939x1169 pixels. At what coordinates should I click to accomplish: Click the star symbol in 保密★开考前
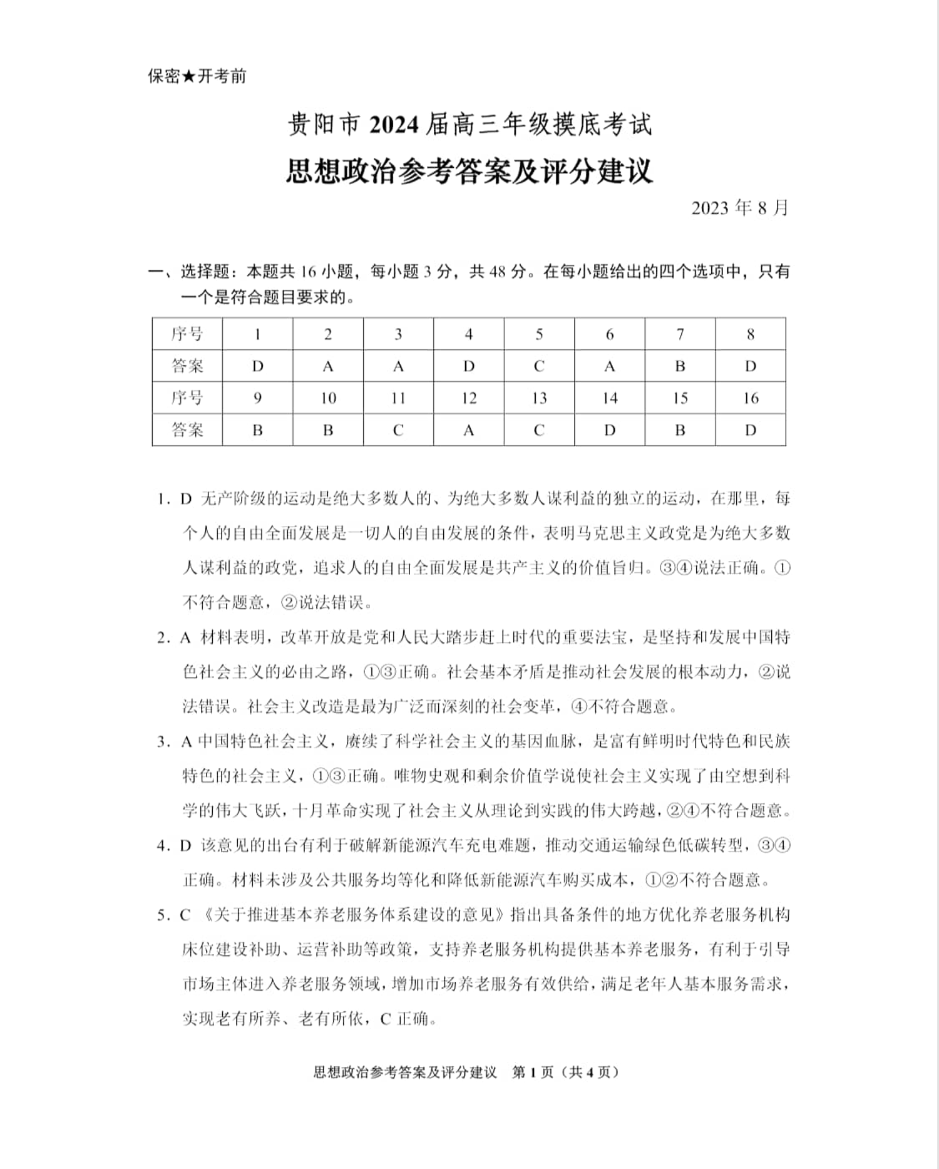pyautogui.click(x=189, y=77)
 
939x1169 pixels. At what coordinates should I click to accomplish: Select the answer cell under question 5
pyautogui.click(x=539, y=366)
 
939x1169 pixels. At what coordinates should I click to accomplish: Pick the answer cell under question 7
pyautogui.click(x=680, y=366)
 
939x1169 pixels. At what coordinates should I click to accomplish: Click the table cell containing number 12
pyautogui.click(x=469, y=398)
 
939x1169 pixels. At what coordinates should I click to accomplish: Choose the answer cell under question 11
pyautogui.click(x=398, y=430)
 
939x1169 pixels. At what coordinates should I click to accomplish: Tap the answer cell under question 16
pyautogui.click(x=751, y=430)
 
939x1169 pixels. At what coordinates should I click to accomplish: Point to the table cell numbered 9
pyautogui.click(x=257, y=398)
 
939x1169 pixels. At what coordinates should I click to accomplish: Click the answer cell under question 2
pyautogui.click(x=328, y=366)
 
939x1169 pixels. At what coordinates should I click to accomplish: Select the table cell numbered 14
pyautogui.click(x=610, y=398)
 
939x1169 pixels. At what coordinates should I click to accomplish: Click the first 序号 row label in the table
pyautogui.click(x=187, y=334)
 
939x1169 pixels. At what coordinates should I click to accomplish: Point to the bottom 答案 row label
pyautogui.click(x=187, y=430)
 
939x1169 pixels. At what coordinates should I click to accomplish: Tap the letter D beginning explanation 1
pyautogui.click(x=185, y=499)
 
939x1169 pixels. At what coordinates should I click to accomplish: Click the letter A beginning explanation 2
pyautogui.click(x=185, y=638)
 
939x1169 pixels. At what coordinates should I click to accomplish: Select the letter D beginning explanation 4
pyautogui.click(x=185, y=846)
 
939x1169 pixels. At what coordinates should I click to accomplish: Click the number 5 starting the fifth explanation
pyautogui.click(x=162, y=915)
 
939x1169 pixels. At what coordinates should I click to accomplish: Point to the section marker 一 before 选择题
pyautogui.click(x=155, y=272)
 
